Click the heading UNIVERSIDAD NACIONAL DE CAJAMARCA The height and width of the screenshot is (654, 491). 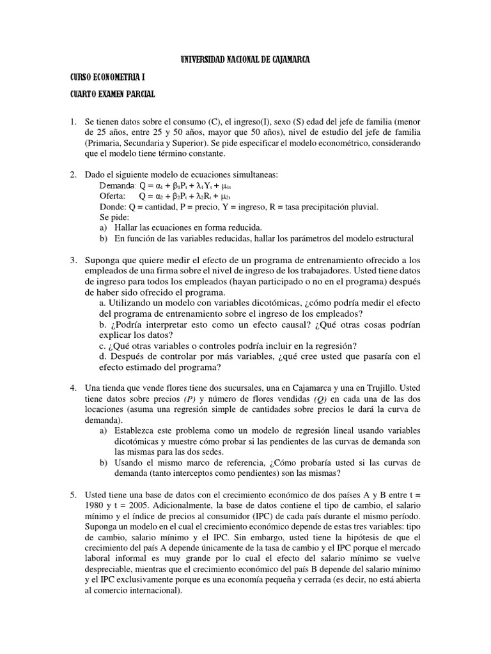click(x=245, y=60)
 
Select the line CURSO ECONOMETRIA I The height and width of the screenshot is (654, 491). click(x=107, y=77)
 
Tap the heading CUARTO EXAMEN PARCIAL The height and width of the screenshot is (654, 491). click(x=113, y=95)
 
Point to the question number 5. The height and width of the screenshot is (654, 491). click(x=74, y=495)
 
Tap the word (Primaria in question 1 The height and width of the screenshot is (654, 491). click(x=104, y=142)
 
